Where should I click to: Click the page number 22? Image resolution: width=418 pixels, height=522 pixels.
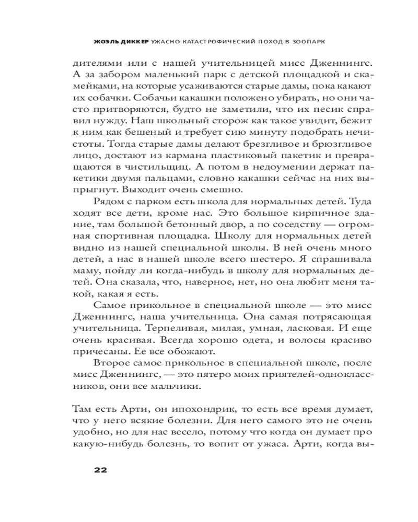(101, 469)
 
